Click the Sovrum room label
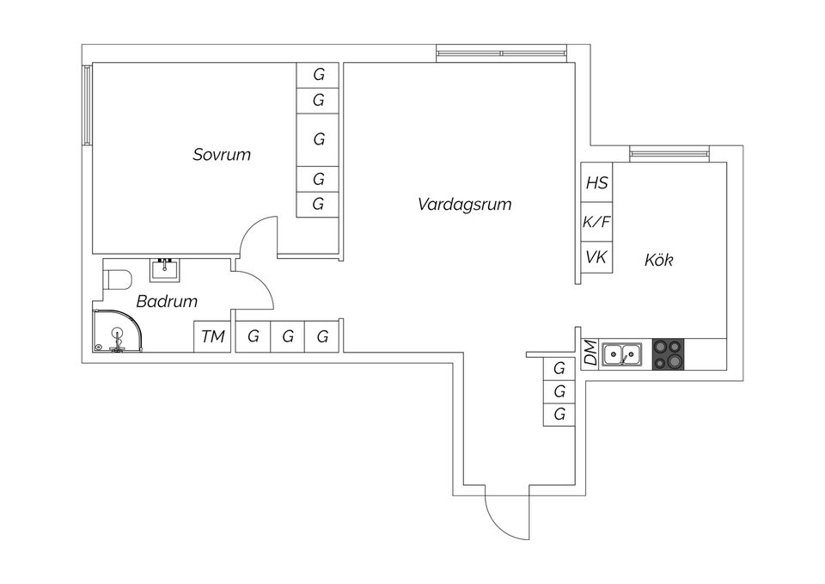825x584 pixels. click(222, 155)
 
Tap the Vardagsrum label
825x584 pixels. click(464, 205)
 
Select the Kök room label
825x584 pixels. click(658, 259)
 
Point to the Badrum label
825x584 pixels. click(167, 302)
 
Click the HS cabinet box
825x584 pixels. click(596, 183)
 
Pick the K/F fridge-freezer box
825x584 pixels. click(596, 222)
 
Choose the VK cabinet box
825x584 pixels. click(596, 257)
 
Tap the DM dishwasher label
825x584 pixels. click(590, 353)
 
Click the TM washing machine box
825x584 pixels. click(212, 336)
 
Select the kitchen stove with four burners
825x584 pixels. click(669, 353)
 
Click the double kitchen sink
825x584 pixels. click(623, 353)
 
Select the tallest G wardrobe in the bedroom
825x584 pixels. click(319, 139)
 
